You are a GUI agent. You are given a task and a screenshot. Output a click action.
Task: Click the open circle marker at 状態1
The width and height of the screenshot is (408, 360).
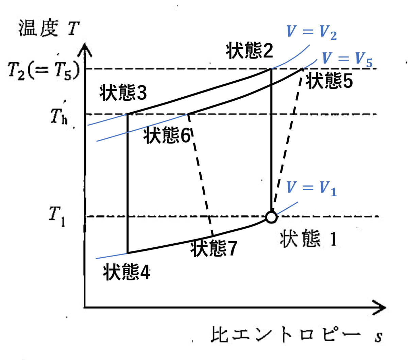tap(271, 217)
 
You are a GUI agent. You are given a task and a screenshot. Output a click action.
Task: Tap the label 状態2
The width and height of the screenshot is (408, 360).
tap(249, 51)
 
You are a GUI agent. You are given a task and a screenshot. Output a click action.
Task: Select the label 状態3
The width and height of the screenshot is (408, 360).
tap(123, 93)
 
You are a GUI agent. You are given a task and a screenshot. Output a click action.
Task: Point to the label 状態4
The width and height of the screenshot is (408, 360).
tap(126, 272)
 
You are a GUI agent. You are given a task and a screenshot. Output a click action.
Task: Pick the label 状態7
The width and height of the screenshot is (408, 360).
tap(214, 248)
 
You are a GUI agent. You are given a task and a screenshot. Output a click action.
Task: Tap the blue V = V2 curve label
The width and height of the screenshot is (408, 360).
tap(311, 32)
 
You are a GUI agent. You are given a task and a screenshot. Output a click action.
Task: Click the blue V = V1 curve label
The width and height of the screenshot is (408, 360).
tap(311, 188)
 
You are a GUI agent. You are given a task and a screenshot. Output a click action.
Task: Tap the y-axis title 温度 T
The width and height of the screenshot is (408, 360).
tap(49, 29)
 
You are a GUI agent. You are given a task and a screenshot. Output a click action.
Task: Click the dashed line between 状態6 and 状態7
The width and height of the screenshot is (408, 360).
tap(201, 175)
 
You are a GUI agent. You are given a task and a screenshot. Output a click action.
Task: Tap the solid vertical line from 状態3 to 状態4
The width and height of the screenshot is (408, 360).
tap(128, 184)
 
